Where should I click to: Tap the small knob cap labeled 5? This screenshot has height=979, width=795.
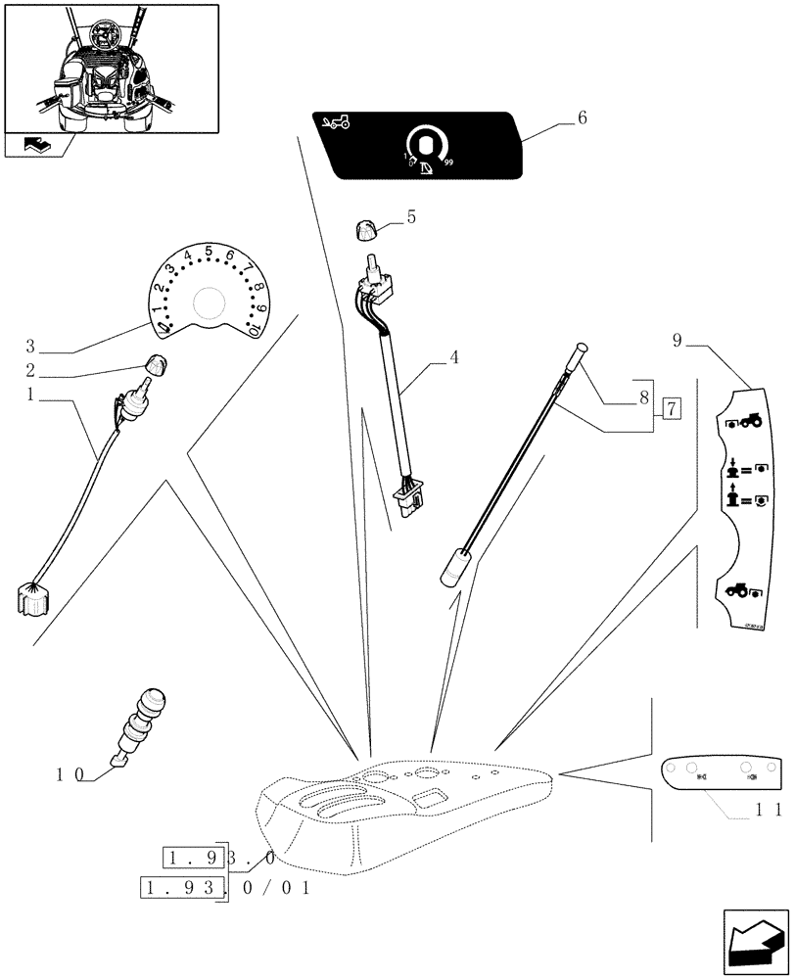click(364, 232)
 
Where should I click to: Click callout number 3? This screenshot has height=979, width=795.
click(30, 347)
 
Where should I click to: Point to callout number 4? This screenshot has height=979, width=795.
click(453, 357)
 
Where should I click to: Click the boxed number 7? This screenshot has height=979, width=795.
click(672, 408)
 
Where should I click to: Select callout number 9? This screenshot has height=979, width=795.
click(678, 342)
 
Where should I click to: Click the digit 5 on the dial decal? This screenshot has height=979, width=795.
click(209, 251)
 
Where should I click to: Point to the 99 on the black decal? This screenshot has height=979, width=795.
click(448, 163)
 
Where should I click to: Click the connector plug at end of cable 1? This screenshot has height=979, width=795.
click(33, 596)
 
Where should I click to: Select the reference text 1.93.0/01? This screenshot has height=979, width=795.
click(225, 889)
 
